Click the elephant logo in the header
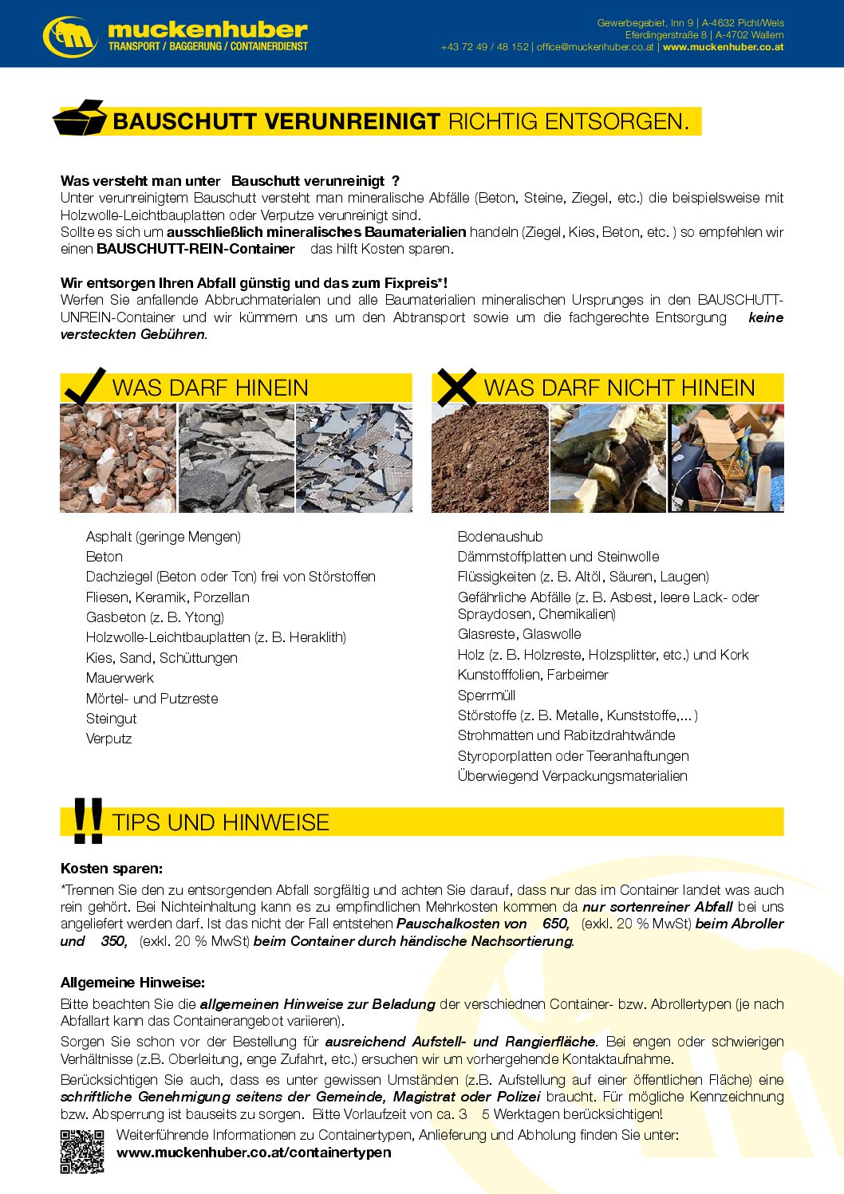[x=70, y=36]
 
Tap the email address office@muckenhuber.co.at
[x=595, y=47]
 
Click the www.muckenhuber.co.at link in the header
[x=723, y=47]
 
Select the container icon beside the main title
[x=80, y=119]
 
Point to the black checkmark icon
[x=84, y=386]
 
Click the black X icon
[x=456, y=387]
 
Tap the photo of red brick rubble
[x=118, y=458]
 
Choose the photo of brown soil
[x=490, y=458]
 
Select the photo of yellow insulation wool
[x=608, y=458]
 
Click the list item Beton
[x=105, y=557]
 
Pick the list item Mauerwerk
[x=120, y=678]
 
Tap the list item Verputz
[x=109, y=739]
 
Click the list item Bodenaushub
[x=500, y=537]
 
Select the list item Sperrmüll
[x=487, y=696]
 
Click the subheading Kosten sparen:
[x=112, y=869]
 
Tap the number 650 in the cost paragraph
[x=555, y=924]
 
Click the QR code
[x=82, y=1151]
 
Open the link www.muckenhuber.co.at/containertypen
[x=254, y=1153]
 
